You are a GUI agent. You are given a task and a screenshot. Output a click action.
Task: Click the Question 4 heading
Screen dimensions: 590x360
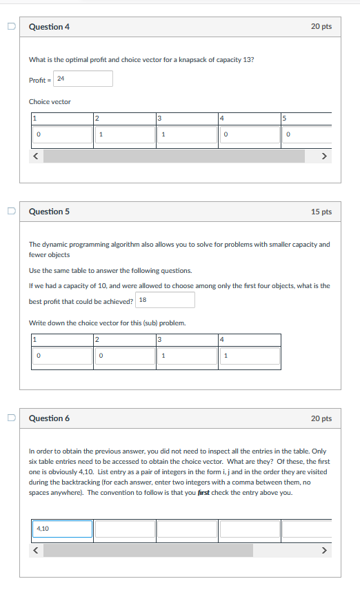pos(49,27)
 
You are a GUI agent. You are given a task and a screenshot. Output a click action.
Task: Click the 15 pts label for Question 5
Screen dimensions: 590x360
pos(321,212)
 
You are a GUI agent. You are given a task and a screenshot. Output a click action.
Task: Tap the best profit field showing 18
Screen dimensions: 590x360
pos(166,300)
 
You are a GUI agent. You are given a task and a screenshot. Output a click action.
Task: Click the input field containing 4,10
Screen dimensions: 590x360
pos(62,529)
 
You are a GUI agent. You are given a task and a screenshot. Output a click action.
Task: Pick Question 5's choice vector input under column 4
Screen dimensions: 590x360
pos(250,356)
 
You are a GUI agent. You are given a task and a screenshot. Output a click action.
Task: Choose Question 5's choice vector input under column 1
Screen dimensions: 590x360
pos(62,356)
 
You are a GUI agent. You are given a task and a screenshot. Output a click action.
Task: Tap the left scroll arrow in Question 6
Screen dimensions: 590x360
pos(37,551)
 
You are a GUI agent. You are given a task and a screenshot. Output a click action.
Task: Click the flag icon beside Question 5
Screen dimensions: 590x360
pos(10,212)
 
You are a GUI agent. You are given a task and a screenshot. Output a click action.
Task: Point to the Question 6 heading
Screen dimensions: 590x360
pos(49,418)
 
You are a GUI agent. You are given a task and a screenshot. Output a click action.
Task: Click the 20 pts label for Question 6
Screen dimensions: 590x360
pos(321,418)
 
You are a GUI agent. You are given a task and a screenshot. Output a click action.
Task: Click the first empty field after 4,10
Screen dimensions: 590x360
pos(124,529)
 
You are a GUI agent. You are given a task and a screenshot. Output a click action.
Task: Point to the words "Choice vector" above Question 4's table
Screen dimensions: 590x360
pos(50,102)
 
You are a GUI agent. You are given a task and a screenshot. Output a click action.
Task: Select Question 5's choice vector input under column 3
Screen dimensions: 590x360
pos(187,356)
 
